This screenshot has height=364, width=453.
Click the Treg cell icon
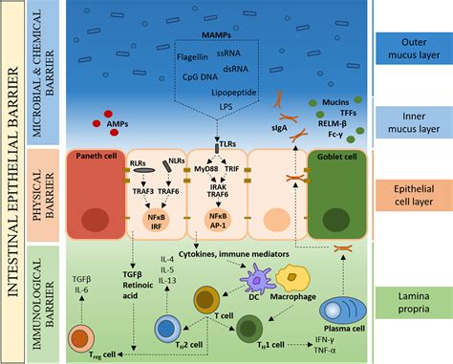[81, 336]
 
